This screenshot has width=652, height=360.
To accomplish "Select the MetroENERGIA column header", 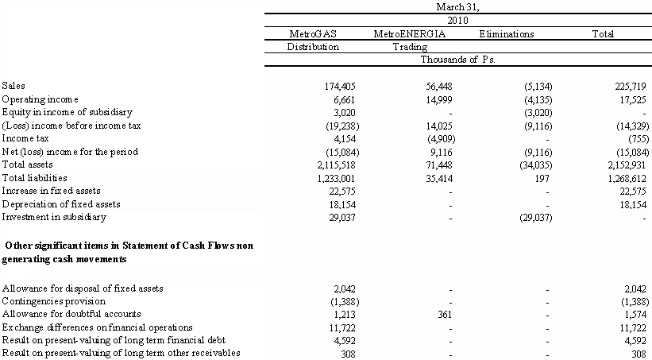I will coord(409,34).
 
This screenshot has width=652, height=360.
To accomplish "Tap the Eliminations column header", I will coord(506,34).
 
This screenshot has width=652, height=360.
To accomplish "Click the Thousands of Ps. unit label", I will coord(458,60).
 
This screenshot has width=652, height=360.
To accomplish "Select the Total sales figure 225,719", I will coord(631,85).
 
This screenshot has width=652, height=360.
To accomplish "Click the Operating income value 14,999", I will coord(434,99).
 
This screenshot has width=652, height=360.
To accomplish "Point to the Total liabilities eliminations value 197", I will coord(540,178).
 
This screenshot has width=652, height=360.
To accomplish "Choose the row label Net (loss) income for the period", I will coord(70,151).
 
